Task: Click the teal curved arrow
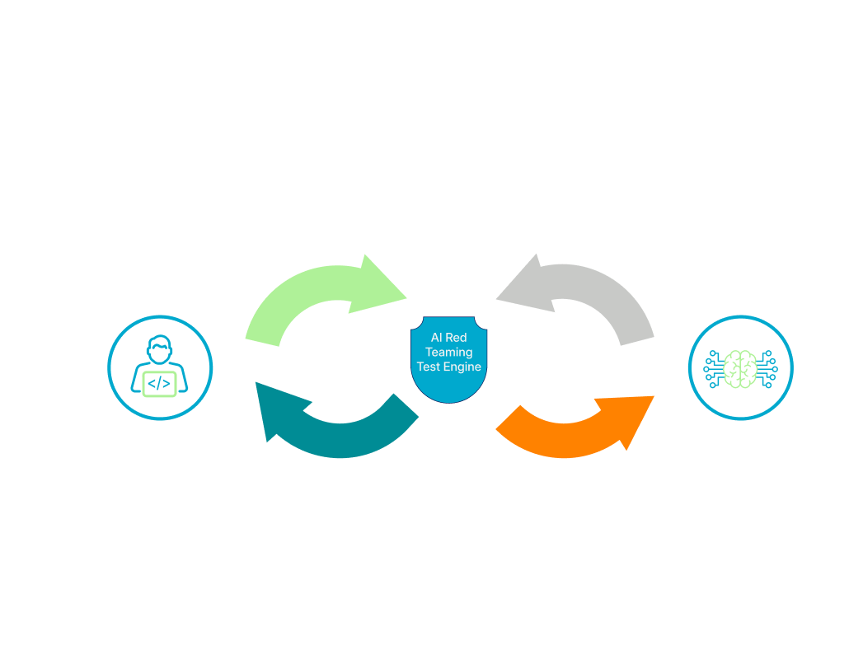point(330,424)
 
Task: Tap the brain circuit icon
point(740,367)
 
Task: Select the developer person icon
point(159,367)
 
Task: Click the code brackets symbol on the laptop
point(159,382)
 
